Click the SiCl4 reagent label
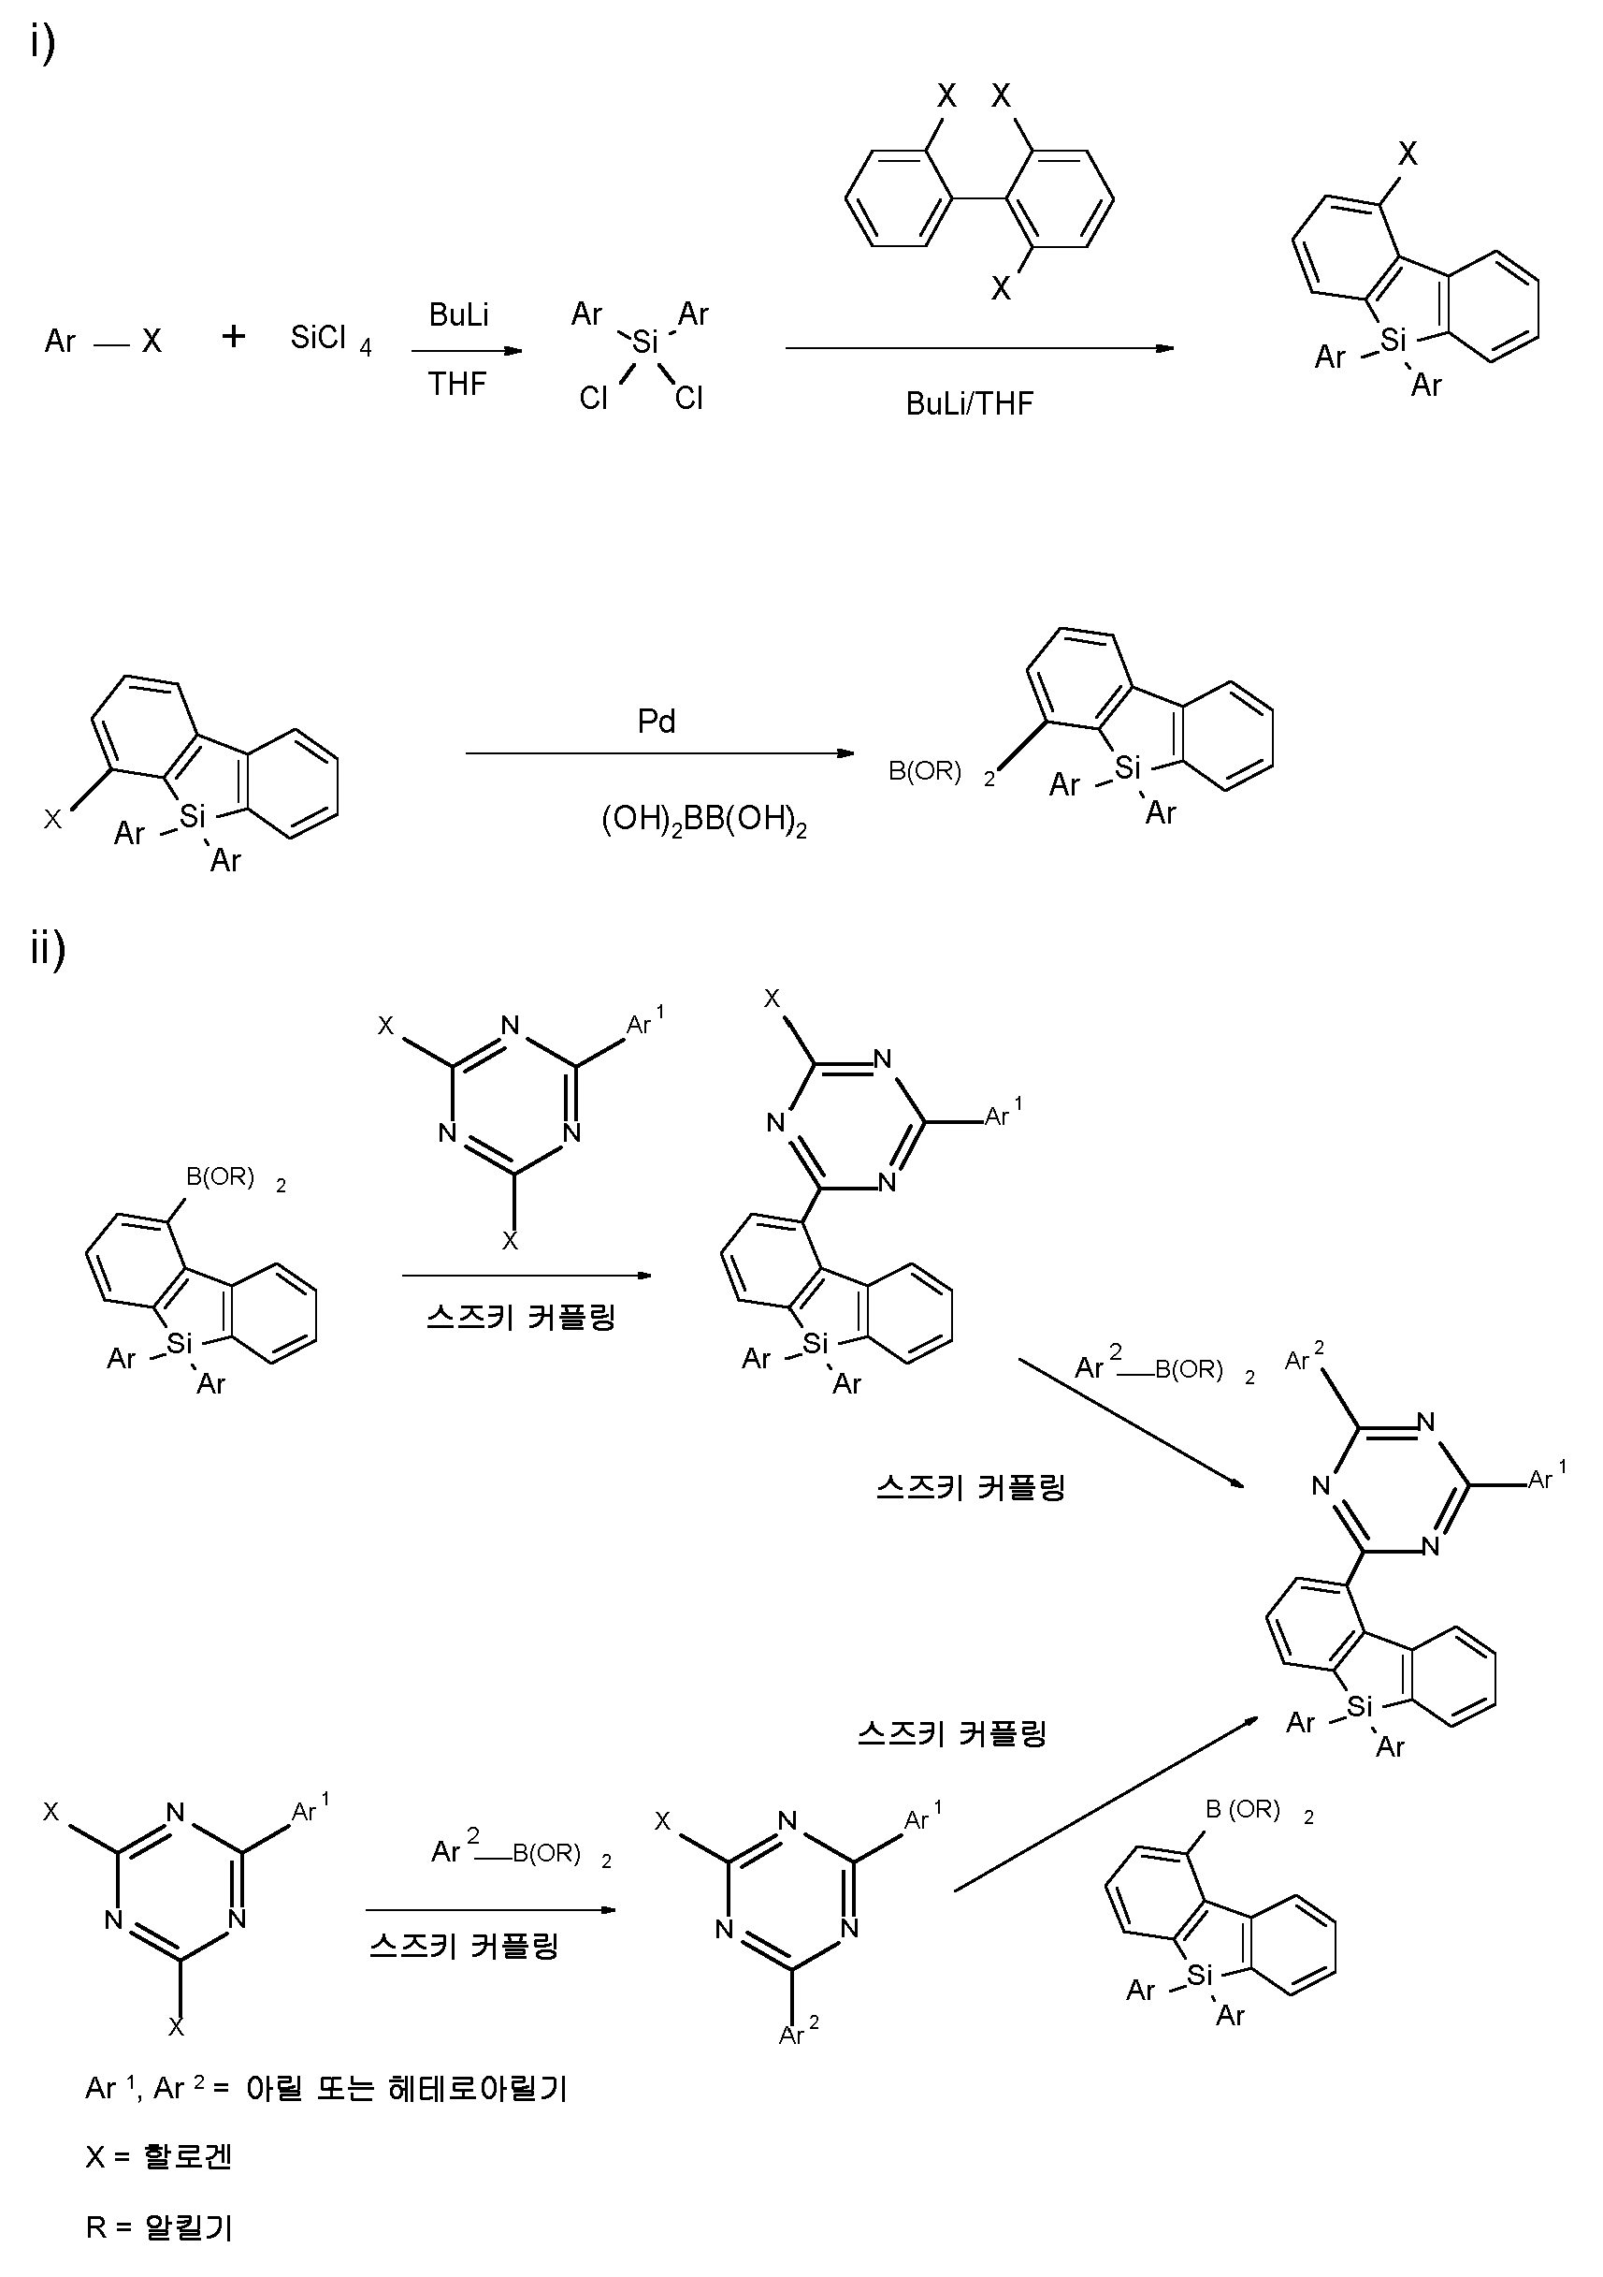(x=330, y=340)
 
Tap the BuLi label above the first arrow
(x=459, y=315)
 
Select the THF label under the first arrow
(x=457, y=384)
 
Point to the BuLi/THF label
(x=970, y=403)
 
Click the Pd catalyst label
(x=657, y=722)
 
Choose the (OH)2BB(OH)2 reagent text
(x=704, y=821)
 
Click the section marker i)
(x=43, y=44)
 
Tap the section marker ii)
(x=48, y=948)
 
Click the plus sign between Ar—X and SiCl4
(x=234, y=337)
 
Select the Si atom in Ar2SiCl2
(x=644, y=343)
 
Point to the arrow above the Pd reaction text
(x=659, y=753)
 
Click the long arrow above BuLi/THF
(x=979, y=348)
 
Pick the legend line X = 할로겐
(x=159, y=2156)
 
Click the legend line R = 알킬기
(x=159, y=2227)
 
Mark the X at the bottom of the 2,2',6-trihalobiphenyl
(x=1002, y=288)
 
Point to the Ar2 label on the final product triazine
(x=1304, y=1359)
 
